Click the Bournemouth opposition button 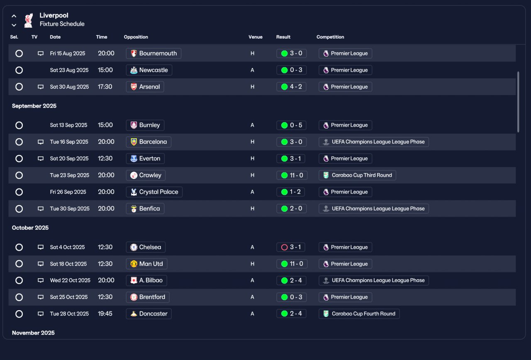[x=153, y=54]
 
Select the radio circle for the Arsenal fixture [x=19, y=87]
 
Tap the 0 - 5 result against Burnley [x=291, y=125]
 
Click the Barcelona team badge [x=134, y=142]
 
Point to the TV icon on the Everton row [x=41, y=159]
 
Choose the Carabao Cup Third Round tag [x=357, y=175]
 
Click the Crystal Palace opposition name [x=158, y=192]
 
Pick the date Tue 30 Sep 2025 [x=70, y=208]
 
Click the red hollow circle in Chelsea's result [x=284, y=247]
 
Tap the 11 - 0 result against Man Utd [x=292, y=264]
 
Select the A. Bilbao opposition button [x=146, y=281]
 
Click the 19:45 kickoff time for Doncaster [x=105, y=314]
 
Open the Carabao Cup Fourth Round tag [x=359, y=314]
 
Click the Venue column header [x=255, y=37]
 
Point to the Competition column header [x=330, y=37]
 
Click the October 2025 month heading [x=30, y=228]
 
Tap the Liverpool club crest [x=29, y=20]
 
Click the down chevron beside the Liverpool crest [x=14, y=25]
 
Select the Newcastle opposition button [x=149, y=70]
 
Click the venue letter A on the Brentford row [x=252, y=297]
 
